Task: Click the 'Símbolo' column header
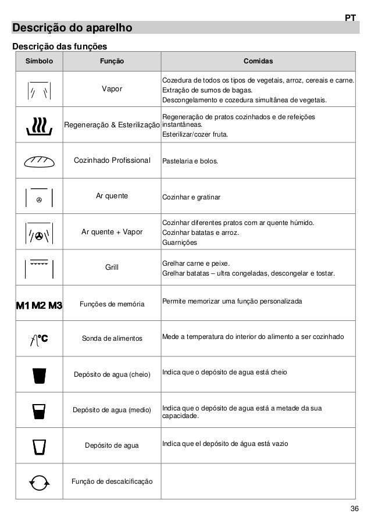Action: pyautogui.click(x=39, y=61)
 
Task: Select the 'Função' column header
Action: pyautogui.click(x=112, y=61)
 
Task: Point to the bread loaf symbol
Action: pyautogui.click(x=39, y=160)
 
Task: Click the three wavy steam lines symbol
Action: pyautogui.click(x=39, y=125)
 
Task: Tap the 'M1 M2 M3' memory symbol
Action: pyautogui.click(x=39, y=304)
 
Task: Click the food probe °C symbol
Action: pyautogui.click(x=39, y=339)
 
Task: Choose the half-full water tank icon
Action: pyautogui.click(x=39, y=410)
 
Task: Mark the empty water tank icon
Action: pyautogui.click(x=39, y=446)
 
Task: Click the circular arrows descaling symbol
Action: pyautogui.click(x=39, y=482)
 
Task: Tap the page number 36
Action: pyautogui.click(x=354, y=510)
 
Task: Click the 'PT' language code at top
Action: pyautogui.click(x=349, y=18)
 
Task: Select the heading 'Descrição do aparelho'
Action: pyautogui.click(x=73, y=28)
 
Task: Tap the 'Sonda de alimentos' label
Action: pyautogui.click(x=112, y=338)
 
